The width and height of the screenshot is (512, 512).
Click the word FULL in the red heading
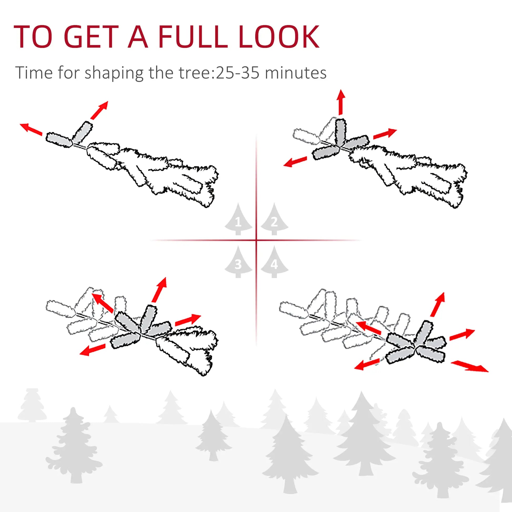[192, 37]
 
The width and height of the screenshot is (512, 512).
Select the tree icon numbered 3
[238, 263]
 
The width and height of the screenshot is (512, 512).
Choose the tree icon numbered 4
[274, 263]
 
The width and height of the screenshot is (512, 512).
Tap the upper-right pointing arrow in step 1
[99, 110]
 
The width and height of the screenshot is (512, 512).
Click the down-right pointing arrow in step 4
[469, 367]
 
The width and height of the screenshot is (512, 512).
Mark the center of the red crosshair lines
[256, 240]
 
